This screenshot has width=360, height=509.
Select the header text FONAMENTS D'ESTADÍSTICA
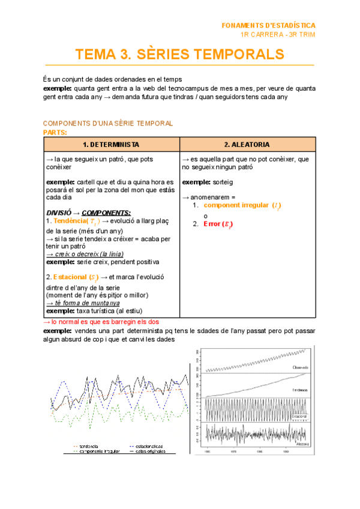268,26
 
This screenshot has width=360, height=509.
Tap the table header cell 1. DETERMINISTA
112,145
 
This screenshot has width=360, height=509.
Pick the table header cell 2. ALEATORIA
247,145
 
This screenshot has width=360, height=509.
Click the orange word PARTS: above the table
55,132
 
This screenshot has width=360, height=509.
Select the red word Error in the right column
212,224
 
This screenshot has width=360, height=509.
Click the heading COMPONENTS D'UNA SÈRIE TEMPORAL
108,123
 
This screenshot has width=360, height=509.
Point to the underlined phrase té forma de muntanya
85,303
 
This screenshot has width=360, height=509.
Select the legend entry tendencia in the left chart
89,446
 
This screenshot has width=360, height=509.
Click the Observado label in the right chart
301,367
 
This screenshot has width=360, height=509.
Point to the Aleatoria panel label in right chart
302,445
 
